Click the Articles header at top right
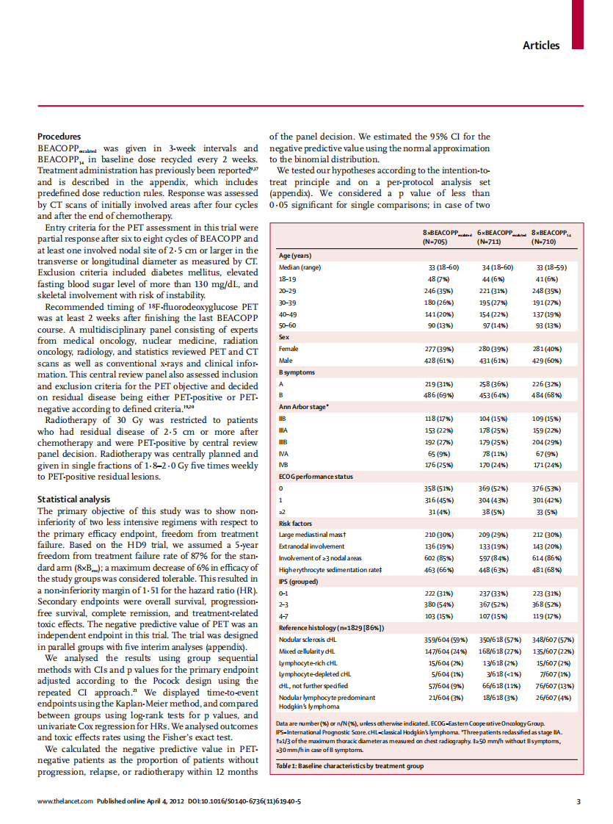(x=540, y=46)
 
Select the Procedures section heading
(x=59, y=137)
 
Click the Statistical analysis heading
(x=73, y=499)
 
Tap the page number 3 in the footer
(x=578, y=801)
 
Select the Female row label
(x=289, y=349)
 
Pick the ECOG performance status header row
(x=316, y=476)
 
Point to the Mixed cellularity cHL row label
(x=307, y=651)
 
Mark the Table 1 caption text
(x=349, y=766)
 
